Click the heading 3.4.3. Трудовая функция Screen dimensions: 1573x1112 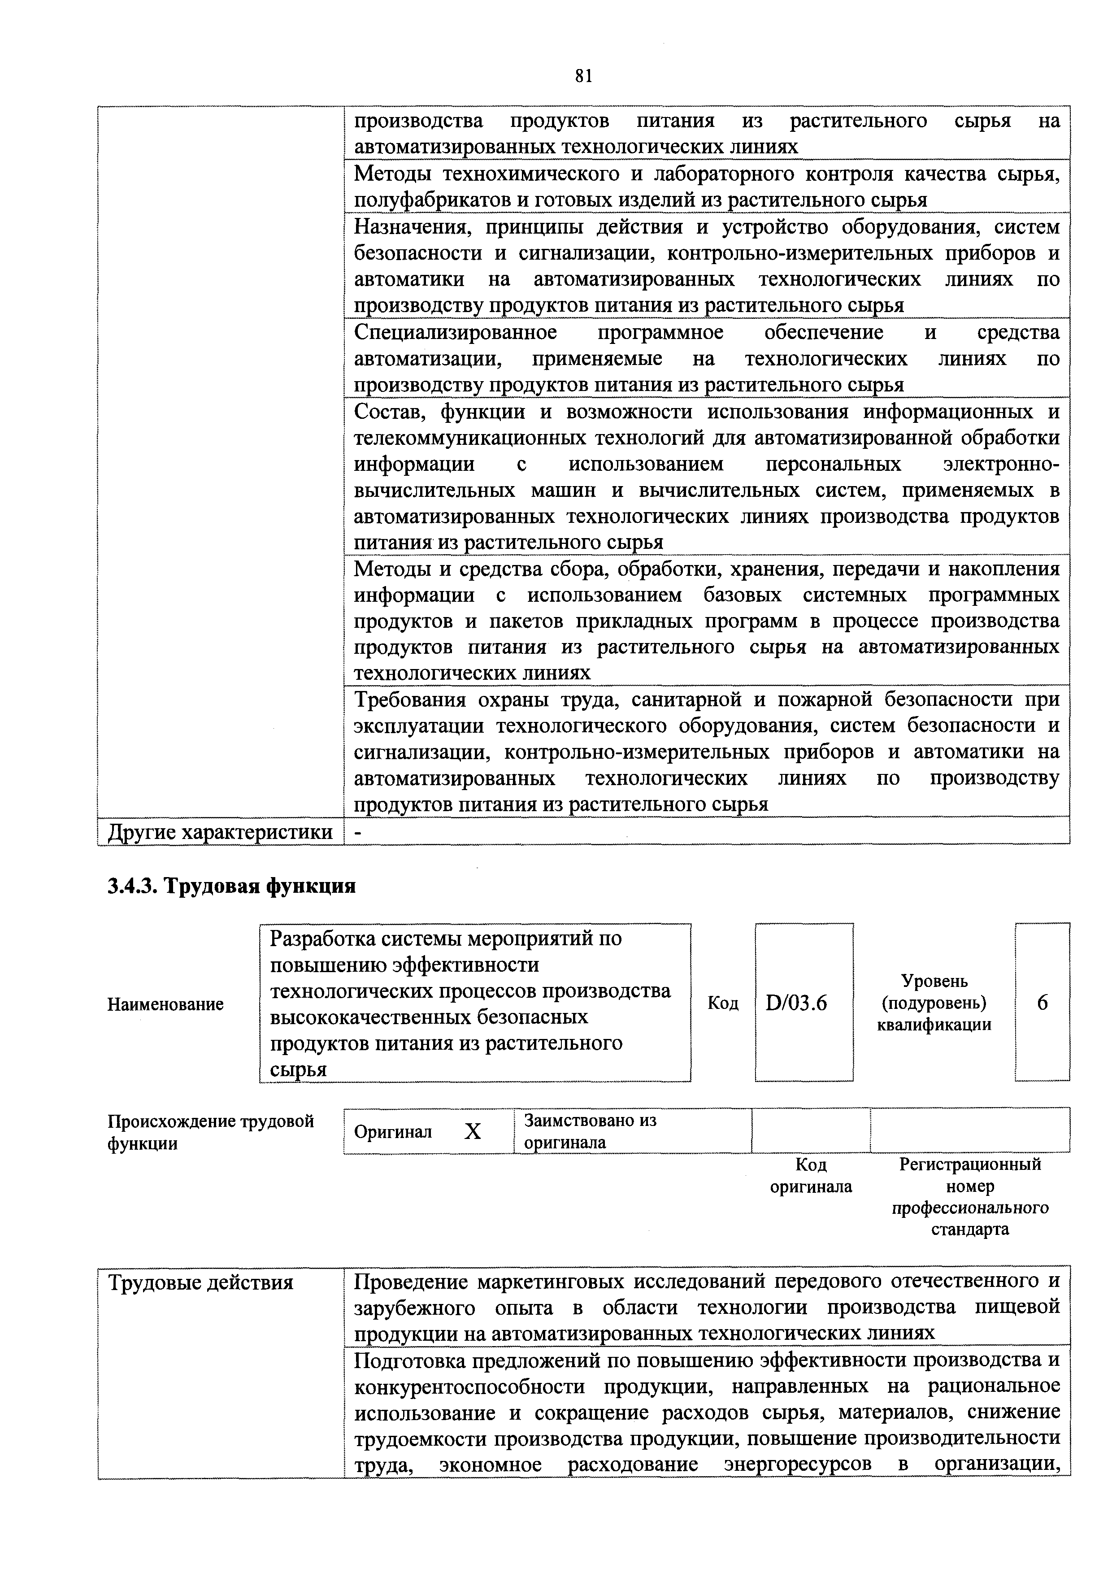(x=231, y=886)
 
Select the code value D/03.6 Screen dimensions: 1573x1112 (x=797, y=1003)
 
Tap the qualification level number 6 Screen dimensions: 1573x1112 (x=1042, y=1003)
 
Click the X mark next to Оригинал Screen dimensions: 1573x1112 (x=473, y=1132)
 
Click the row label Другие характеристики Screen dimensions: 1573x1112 (x=220, y=832)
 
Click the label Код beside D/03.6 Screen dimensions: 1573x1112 (x=723, y=1003)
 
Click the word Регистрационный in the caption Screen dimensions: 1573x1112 (x=969, y=1164)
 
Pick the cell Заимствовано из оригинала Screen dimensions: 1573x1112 (x=589, y=1131)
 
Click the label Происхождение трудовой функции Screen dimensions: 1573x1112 (x=210, y=1132)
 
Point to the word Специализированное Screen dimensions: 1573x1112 (x=456, y=332)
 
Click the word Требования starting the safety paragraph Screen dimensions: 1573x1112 (x=410, y=700)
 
